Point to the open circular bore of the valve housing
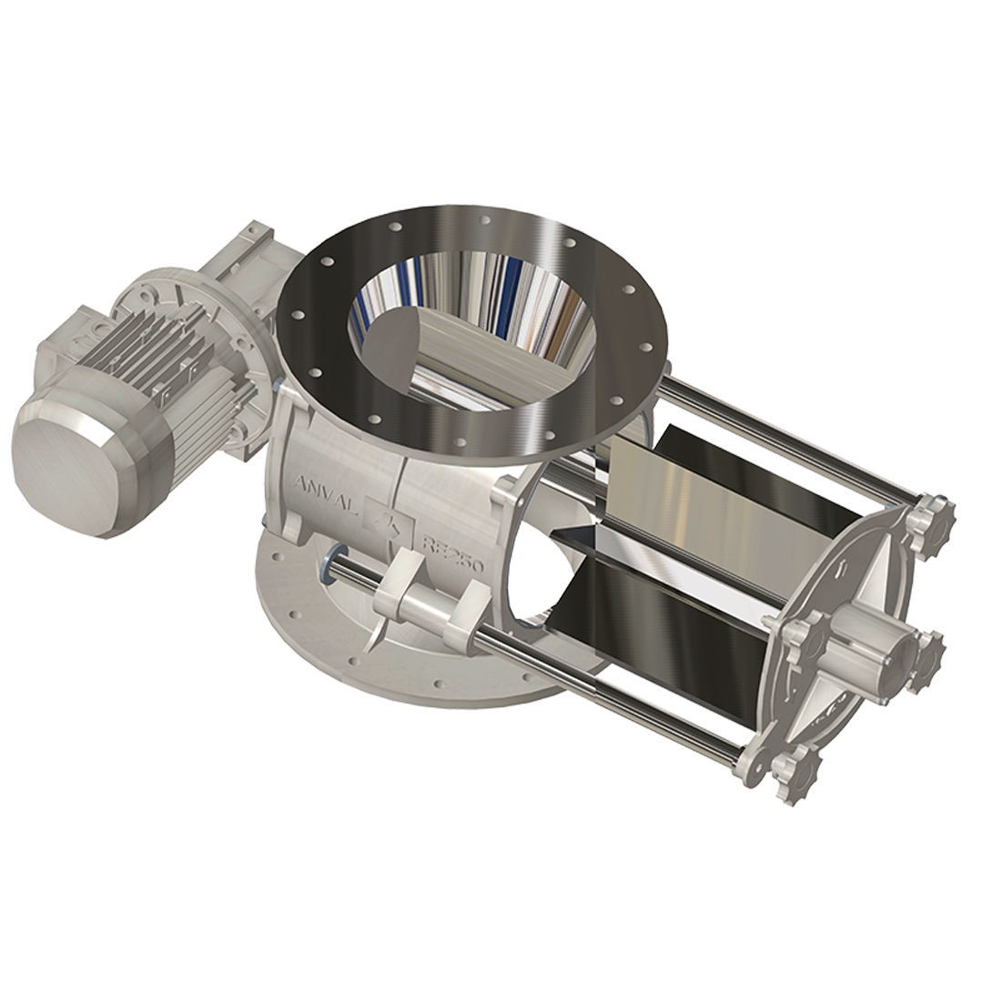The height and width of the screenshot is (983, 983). (x=546, y=573)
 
